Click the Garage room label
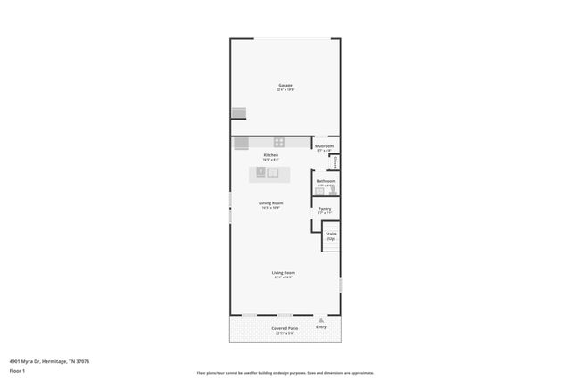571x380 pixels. (x=285, y=86)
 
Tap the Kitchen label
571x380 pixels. (x=270, y=155)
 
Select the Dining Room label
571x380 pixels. (x=271, y=203)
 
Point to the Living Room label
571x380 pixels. (x=284, y=272)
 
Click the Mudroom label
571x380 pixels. (x=325, y=145)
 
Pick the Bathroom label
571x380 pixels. (x=326, y=181)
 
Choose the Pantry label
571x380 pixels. (x=325, y=209)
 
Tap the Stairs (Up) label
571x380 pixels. (x=331, y=235)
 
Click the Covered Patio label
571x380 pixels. (x=285, y=328)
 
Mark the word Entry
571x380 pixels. (x=321, y=326)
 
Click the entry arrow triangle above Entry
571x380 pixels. (x=321, y=319)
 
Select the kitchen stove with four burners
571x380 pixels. (x=278, y=142)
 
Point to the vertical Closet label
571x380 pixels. (x=335, y=161)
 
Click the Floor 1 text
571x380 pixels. (x=17, y=369)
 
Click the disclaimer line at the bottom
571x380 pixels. (x=285, y=373)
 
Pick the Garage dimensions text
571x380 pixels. (x=285, y=90)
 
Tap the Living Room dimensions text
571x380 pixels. (x=284, y=277)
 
